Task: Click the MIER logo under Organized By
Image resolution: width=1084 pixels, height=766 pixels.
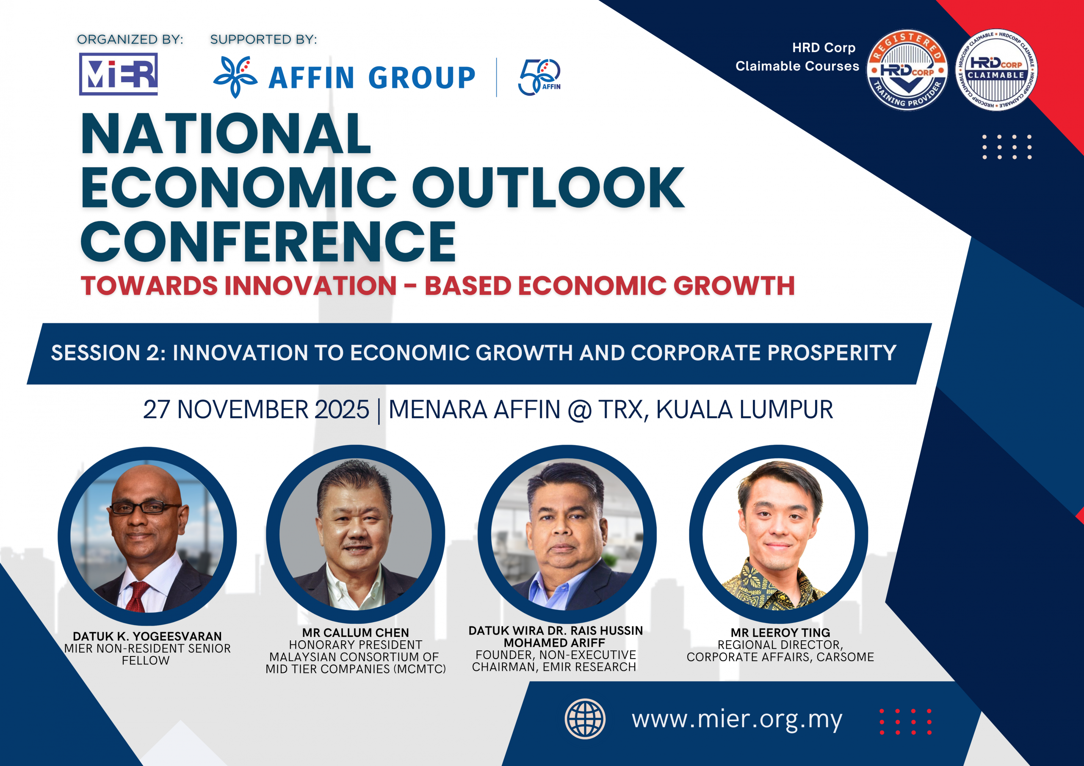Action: (x=118, y=74)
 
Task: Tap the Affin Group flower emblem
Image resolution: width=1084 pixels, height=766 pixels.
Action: (x=235, y=77)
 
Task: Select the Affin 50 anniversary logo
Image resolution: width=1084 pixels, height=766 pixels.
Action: (x=539, y=77)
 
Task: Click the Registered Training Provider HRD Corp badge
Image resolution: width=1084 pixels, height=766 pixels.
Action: (x=907, y=70)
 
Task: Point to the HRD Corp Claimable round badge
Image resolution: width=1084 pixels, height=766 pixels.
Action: (x=996, y=70)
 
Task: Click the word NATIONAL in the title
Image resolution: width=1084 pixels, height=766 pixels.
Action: (x=226, y=134)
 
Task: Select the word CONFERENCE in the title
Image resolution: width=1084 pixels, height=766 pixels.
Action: (x=268, y=242)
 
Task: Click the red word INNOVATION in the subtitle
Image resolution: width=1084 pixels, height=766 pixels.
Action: (x=310, y=286)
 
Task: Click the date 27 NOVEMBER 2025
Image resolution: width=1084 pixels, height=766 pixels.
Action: (x=256, y=410)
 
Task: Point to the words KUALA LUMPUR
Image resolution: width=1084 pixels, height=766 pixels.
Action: (x=744, y=410)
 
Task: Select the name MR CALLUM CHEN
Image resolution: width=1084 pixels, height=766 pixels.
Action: (x=356, y=632)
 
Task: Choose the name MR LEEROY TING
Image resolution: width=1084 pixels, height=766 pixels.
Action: (x=780, y=632)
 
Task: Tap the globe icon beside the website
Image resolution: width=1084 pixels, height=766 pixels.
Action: (x=585, y=719)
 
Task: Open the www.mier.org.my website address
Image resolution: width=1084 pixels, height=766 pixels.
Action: (x=737, y=720)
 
